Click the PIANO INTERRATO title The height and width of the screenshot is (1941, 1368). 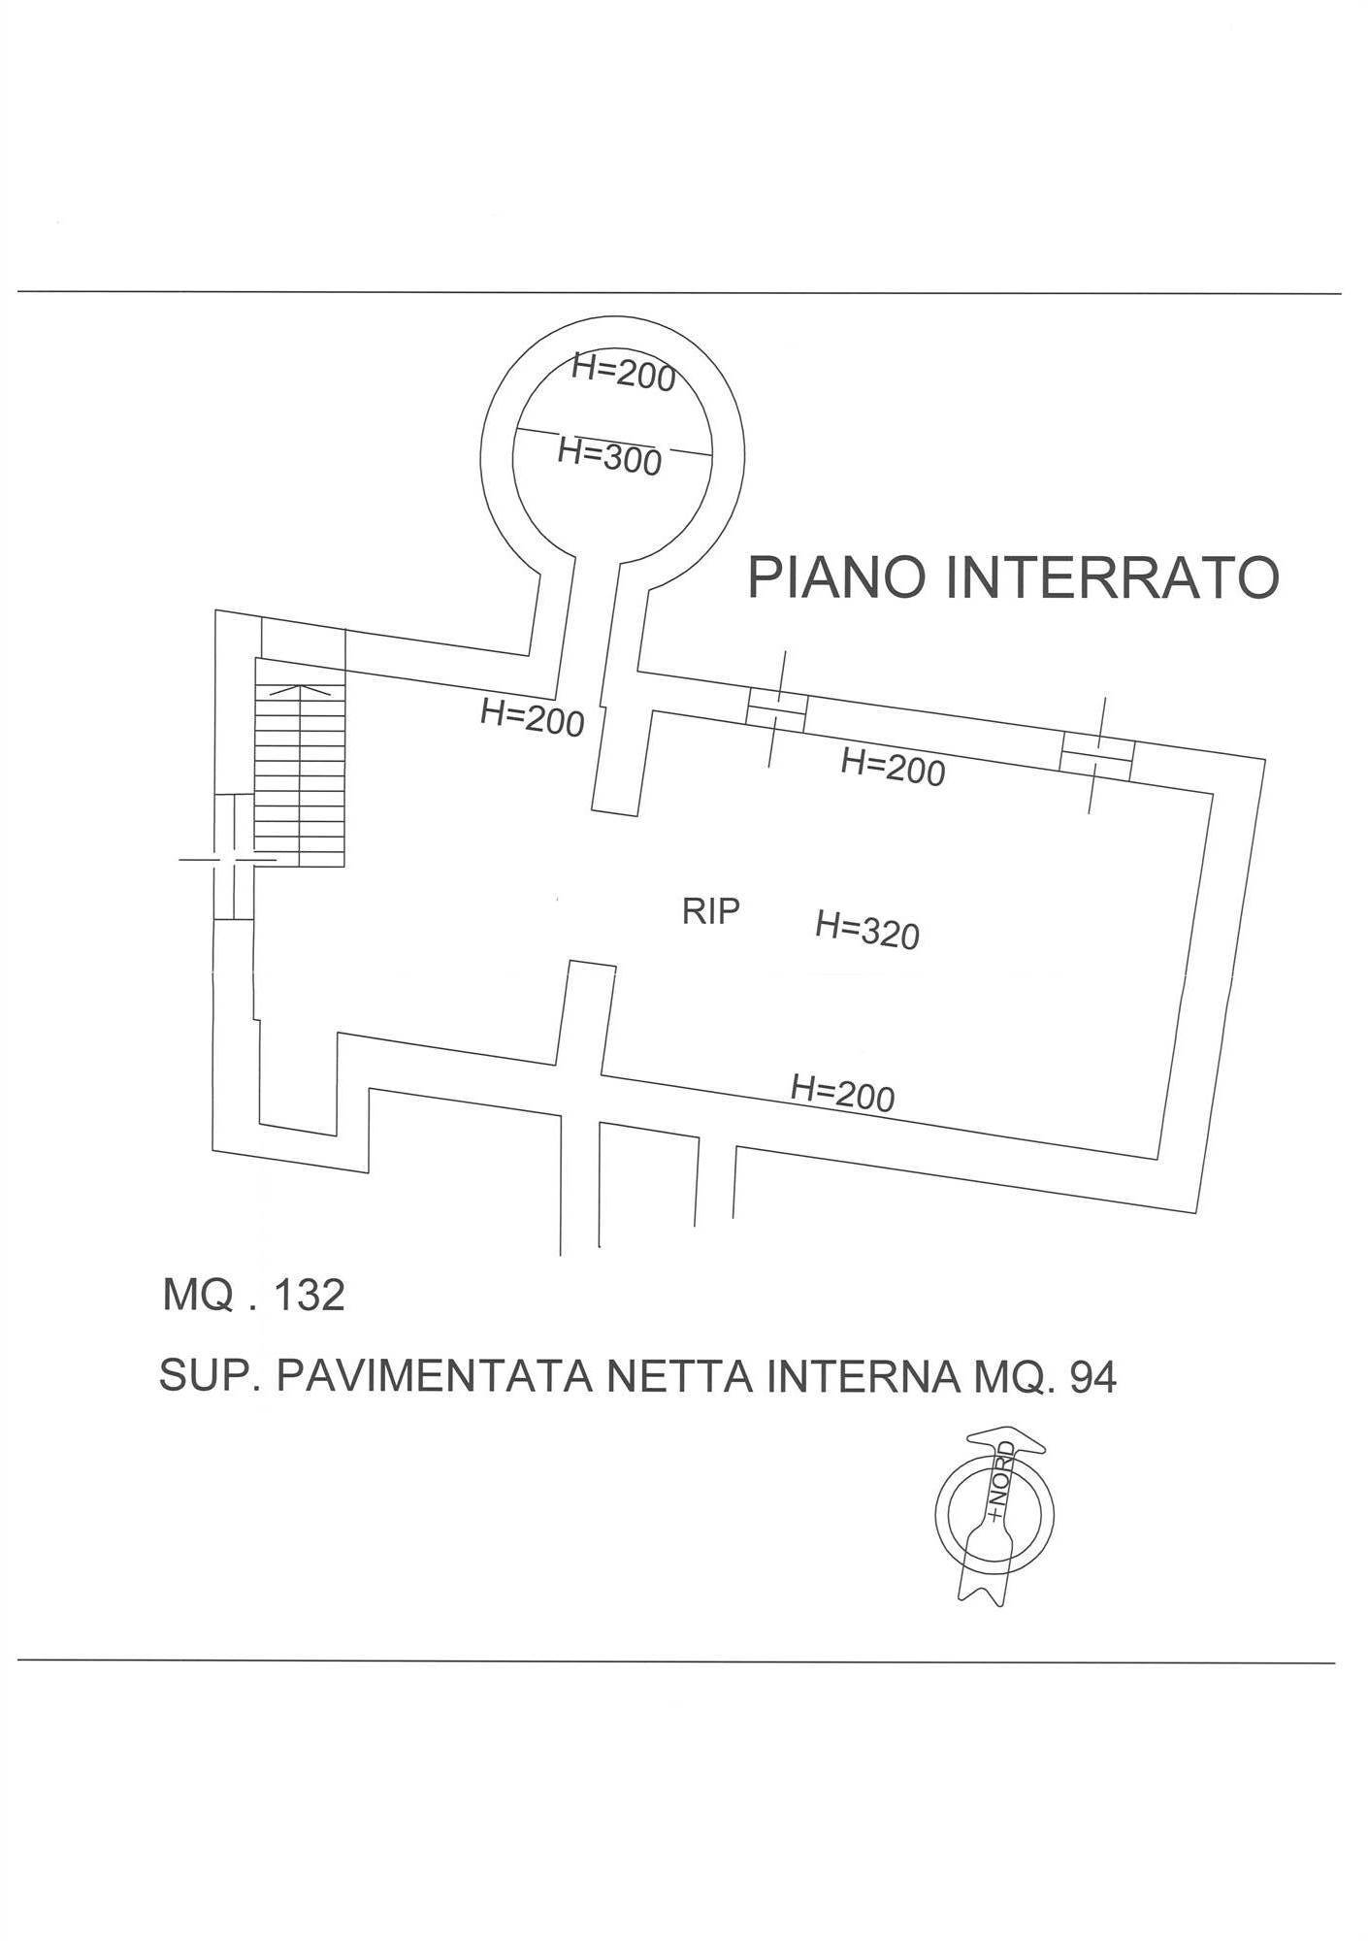(x=1013, y=577)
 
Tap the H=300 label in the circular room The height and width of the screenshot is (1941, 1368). (x=609, y=455)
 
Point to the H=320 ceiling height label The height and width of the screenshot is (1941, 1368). (x=867, y=929)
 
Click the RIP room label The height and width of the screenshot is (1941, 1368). (x=710, y=911)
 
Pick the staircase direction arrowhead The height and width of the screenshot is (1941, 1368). (x=299, y=690)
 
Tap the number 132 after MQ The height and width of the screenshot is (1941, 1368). (x=309, y=1295)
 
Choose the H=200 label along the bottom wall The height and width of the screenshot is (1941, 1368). (x=842, y=1094)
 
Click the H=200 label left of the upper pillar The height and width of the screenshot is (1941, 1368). (x=532, y=718)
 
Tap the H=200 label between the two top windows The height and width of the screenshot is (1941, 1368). (x=893, y=768)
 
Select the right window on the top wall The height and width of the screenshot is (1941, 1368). (x=1097, y=754)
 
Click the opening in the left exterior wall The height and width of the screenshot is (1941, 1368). (x=233, y=858)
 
